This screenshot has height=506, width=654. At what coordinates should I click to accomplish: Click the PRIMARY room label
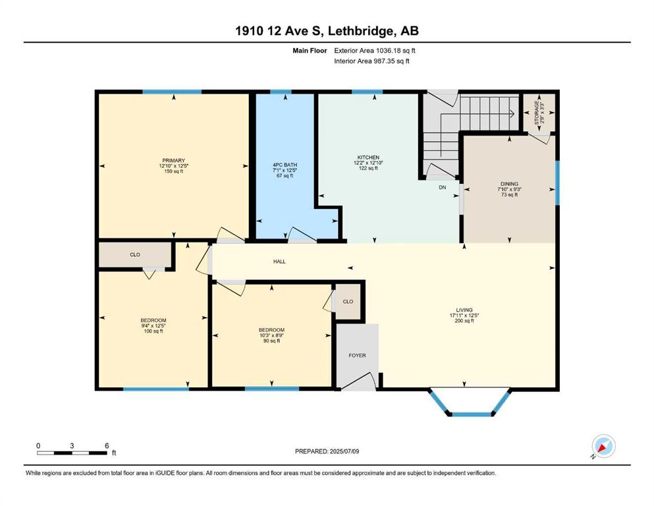click(x=173, y=161)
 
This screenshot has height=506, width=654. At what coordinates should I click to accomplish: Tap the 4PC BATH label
click(x=285, y=165)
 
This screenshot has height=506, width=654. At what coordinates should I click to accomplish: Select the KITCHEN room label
click(x=368, y=157)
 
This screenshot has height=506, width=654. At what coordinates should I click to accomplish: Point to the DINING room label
click(x=509, y=184)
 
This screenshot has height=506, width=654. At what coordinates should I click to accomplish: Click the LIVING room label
click(x=464, y=310)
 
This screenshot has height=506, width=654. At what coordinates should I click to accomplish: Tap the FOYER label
click(x=358, y=355)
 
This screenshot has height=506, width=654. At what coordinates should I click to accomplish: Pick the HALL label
click(x=279, y=262)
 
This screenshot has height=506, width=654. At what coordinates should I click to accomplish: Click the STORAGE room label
click(x=537, y=113)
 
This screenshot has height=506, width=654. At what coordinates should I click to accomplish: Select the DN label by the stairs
click(x=443, y=188)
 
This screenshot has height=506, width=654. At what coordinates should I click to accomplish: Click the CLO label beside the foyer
click(x=348, y=302)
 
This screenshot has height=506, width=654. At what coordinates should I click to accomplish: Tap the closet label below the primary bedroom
click(x=135, y=254)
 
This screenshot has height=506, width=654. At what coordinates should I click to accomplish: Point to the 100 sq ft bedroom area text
click(x=153, y=331)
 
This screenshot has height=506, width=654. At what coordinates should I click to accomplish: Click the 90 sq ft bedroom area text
click(x=271, y=341)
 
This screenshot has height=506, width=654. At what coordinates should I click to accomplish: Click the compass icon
click(x=603, y=447)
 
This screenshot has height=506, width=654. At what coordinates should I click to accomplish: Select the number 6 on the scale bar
click(x=107, y=445)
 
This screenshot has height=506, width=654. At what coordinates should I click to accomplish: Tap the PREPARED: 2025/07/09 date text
click(x=327, y=451)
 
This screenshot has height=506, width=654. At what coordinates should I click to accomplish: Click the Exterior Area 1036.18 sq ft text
click(x=375, y=51)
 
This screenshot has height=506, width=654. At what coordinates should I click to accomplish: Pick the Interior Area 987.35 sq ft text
click(x=371, y=61)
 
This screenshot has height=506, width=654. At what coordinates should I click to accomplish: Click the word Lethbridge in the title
click(x=361, y=31)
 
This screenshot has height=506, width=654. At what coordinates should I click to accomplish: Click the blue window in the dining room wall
click(x=557, y=183)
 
